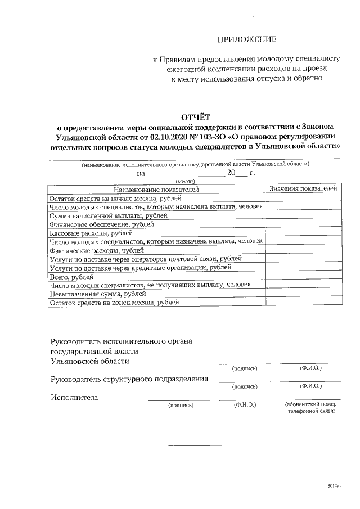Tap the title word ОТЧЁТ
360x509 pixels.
coord(195,117)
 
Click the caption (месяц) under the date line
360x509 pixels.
coord(185,182)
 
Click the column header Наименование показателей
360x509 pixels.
coord(156,190)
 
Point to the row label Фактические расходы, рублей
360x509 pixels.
coord(96,250)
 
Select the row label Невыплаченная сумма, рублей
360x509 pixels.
coord(94,294)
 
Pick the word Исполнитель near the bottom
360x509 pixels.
coord(75,397)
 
